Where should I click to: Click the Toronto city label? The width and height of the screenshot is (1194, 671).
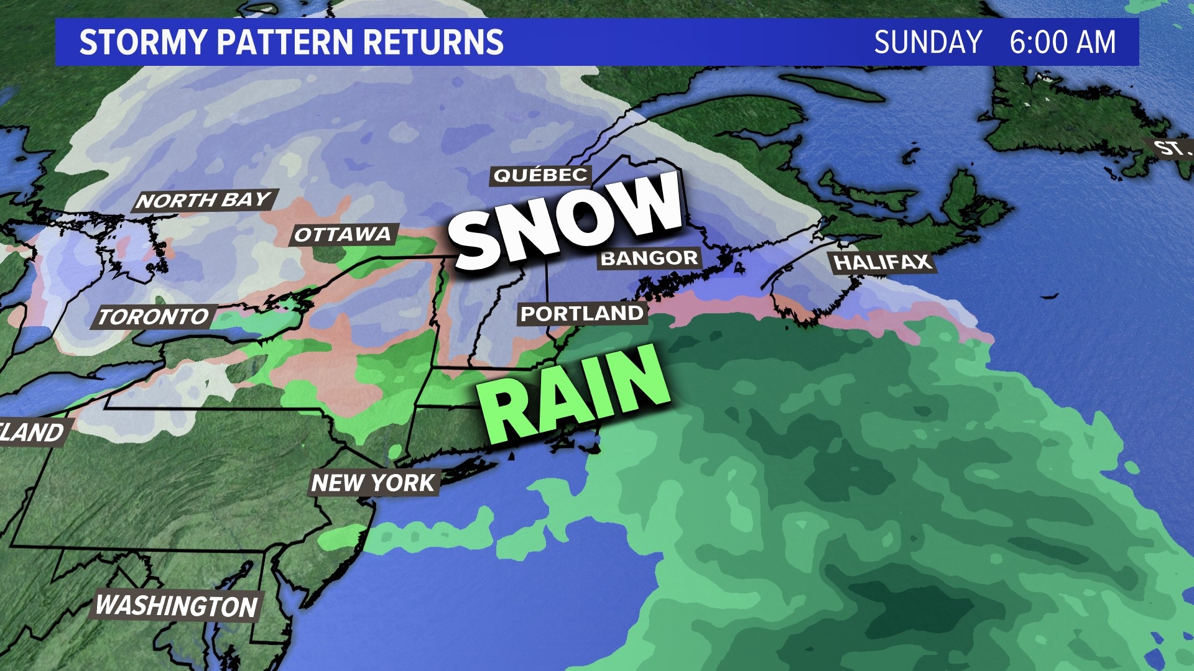pyautogui.click(x=154, y=317)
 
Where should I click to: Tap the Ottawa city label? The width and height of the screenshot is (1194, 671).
pyautogui.click(x=343, y=234)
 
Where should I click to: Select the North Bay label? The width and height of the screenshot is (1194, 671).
pyautogui.click(x=204, y=200)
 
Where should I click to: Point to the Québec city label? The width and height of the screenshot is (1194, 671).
pyautogui.click(x=540, y=175)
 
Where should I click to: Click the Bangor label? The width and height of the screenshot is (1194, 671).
pyautogui.click(x=649, y=258)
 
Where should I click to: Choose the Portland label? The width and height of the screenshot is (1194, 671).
pyautogui.click(x=581, y=314)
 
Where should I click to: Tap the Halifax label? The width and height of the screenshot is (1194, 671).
pyautogui.click(x=882, y=263)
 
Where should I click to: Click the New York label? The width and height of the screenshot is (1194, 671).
pyautogui.click(x=373, y=483)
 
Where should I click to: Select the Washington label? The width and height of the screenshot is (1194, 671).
pyautogui.click(x=177, y=606)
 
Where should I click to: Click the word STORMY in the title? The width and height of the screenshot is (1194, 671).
pyautogui.click(x=142, y=42)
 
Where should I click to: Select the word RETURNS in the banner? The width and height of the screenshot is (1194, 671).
pyautogui.click(x=433, y=42)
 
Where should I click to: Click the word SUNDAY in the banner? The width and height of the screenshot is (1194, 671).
pyautogui.click(x=927, y=42)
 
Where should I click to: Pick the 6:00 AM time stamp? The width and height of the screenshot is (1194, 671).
pyautogui.click(x=1062, y=42)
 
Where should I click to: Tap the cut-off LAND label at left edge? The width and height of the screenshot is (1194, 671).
pyautogui.click(x=32, y=432)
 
